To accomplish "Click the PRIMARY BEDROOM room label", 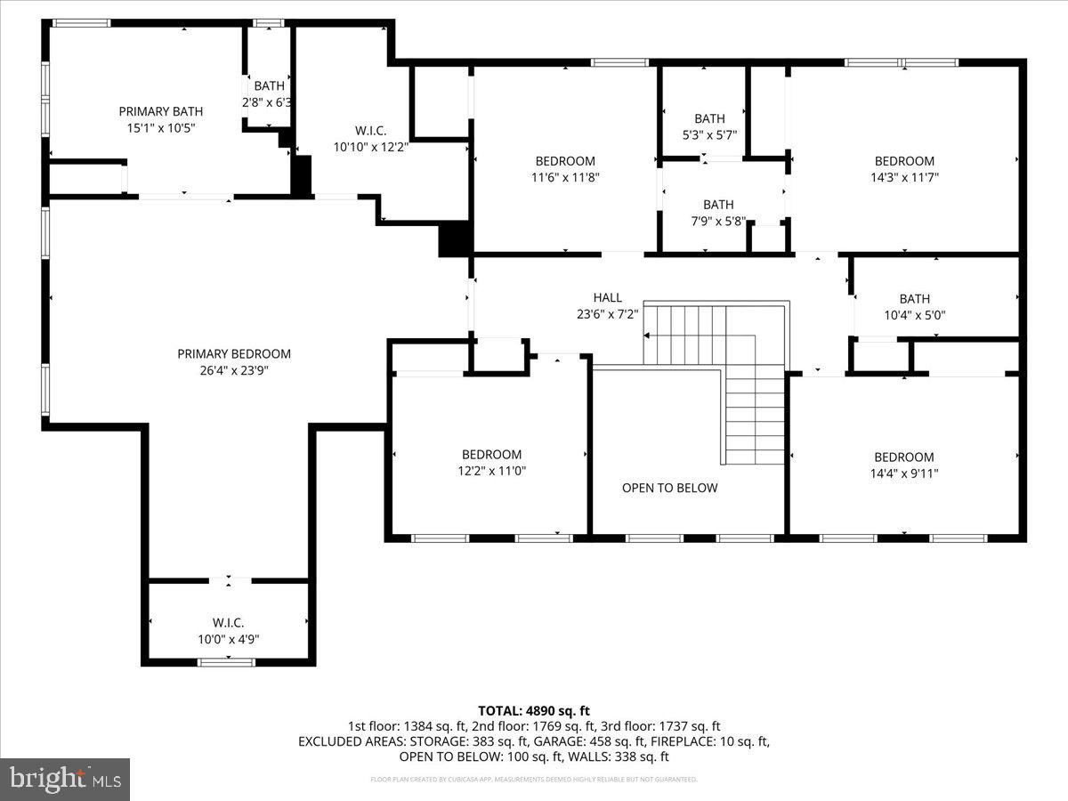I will click(234, 353).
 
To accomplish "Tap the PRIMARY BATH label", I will click(161, 111).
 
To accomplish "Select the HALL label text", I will click(608, 297).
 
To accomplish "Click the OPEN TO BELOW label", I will click(669, 488).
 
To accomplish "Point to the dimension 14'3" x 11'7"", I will click(904, 177).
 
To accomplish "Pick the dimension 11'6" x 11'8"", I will click(565, 177).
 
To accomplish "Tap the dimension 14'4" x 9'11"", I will click(904, 473).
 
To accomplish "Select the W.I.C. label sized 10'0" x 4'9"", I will click(228, 622).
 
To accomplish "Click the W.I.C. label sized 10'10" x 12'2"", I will click(370, 130).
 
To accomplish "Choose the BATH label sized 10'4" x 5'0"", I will click(914, 299).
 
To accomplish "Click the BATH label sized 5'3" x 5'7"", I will click(709, 118).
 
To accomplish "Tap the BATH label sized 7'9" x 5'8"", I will click(718, 205).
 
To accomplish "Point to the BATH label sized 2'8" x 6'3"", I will click(269, 86).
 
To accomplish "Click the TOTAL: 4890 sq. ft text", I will click(534, 710).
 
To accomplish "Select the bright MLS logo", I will click(65, 779).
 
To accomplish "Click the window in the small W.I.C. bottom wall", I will click(226, 661).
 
